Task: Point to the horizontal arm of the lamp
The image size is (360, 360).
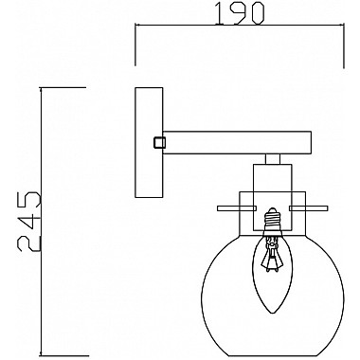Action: pos(237,142)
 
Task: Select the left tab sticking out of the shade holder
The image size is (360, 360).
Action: pos(226,207)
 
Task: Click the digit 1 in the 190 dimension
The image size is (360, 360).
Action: pos(200,17)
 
